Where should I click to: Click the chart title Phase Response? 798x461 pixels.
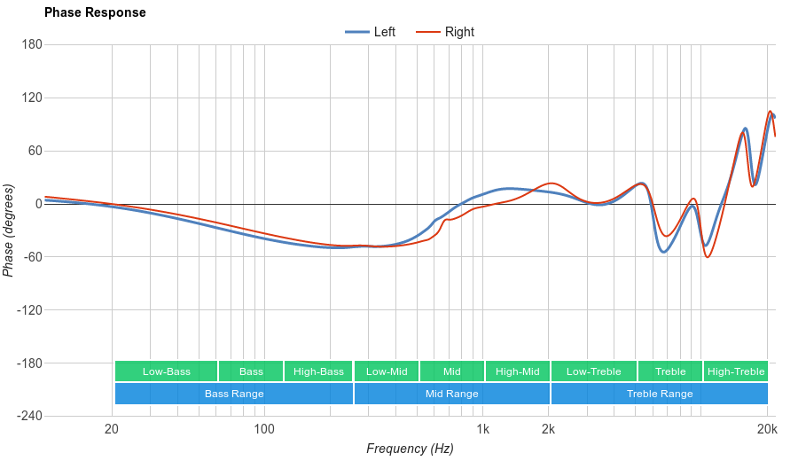(95, 13)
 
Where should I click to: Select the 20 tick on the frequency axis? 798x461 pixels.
(112, 430)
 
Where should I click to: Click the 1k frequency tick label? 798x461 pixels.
(482, 430)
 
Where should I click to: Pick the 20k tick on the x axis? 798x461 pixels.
(768, 430)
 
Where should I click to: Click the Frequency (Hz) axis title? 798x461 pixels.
(410, 449)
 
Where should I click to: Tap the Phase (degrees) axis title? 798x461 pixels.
(9, 230)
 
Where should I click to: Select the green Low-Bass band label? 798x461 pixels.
(166, 371)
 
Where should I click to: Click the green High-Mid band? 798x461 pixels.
(518, 371)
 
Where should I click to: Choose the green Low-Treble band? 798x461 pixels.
(593, 371)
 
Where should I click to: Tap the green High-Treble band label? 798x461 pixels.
(736, 371)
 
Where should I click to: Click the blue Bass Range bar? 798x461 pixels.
(234, 394)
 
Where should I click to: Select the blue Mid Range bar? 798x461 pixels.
(452, 394)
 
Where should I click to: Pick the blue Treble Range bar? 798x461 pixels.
(660, 394)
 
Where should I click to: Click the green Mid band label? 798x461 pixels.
(452, 371)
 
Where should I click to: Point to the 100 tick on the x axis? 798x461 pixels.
(264, 430)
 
